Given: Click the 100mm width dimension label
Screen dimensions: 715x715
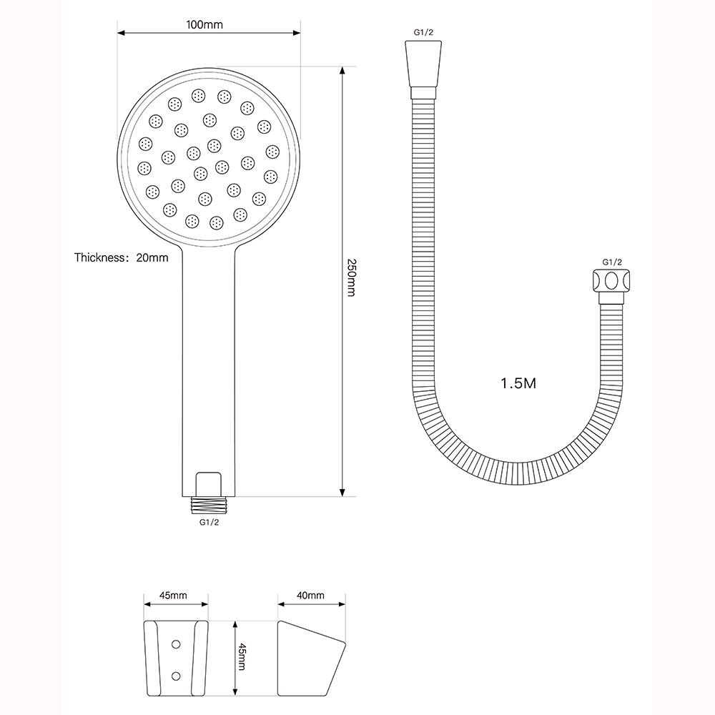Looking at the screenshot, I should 204,24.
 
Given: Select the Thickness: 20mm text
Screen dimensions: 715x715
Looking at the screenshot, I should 122,257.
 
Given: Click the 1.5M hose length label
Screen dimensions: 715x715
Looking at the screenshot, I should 518,383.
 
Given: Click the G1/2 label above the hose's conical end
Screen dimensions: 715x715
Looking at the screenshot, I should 423,32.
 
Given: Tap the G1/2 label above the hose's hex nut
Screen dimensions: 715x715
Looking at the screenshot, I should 612,262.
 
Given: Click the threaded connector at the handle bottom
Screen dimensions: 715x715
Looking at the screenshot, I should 209,504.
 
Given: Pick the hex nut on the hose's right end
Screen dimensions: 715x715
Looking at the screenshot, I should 611,280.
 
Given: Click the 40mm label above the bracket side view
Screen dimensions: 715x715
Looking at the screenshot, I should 310,596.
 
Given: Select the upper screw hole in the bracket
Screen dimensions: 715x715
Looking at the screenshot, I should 176,643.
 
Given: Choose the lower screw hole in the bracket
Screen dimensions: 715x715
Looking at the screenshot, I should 176,675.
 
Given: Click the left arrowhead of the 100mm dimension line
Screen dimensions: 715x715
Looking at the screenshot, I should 122,32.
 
